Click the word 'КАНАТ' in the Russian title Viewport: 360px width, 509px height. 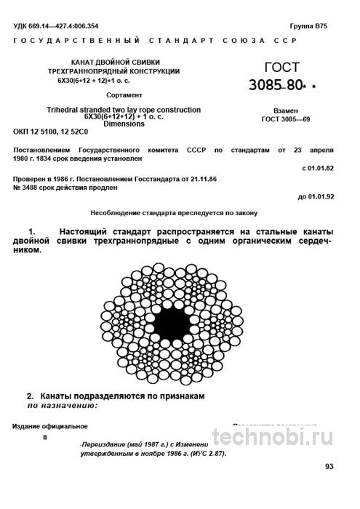click(87, 63)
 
